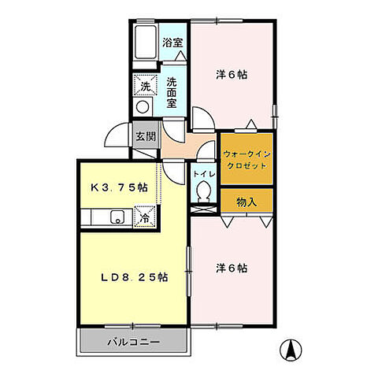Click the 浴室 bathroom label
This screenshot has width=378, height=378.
point(173,43)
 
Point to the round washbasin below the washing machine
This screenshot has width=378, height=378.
point(143,106)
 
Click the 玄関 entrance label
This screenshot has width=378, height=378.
point(146,136)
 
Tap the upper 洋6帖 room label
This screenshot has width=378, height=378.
point(232,75)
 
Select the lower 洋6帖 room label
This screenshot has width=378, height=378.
point(232,268)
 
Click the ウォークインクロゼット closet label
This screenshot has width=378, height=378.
point(246,160)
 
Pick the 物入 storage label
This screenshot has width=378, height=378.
point(246,202)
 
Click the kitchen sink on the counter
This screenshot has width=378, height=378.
point(116,217)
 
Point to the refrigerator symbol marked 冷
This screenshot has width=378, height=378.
point(145,214)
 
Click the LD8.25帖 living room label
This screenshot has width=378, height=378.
point(132,277)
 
